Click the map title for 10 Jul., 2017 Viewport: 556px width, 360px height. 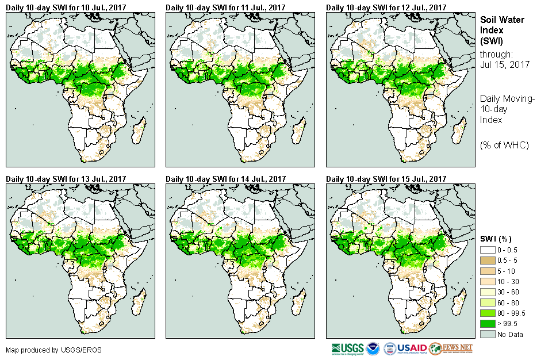(x=66, y=7)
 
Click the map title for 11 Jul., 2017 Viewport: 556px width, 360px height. (x=225, y=7)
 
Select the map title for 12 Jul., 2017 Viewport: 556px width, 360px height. (x=386, y=7)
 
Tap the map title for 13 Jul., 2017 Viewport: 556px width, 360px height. (x=66, y=179)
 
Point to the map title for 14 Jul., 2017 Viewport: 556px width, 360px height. (x=225, y=179)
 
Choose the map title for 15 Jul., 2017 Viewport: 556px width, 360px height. (x=386, y=179)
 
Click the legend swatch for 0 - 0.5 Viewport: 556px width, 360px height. (x=487, y=250)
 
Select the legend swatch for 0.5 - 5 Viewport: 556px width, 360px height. (x=487, y=261)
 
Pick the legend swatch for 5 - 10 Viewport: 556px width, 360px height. (x=487, y=271)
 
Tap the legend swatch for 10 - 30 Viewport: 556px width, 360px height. (x=487, y=282)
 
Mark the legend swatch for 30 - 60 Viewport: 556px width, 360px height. (x=487, y=292)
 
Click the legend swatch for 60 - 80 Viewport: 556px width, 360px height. (x=487, y=302)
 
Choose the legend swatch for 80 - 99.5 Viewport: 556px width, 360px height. (x=487, y=313)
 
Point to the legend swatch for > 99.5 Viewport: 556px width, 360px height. (x=487, y=324)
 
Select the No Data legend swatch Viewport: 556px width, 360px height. (x=487, y=334)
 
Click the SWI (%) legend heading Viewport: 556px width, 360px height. (x=496, y=239)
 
